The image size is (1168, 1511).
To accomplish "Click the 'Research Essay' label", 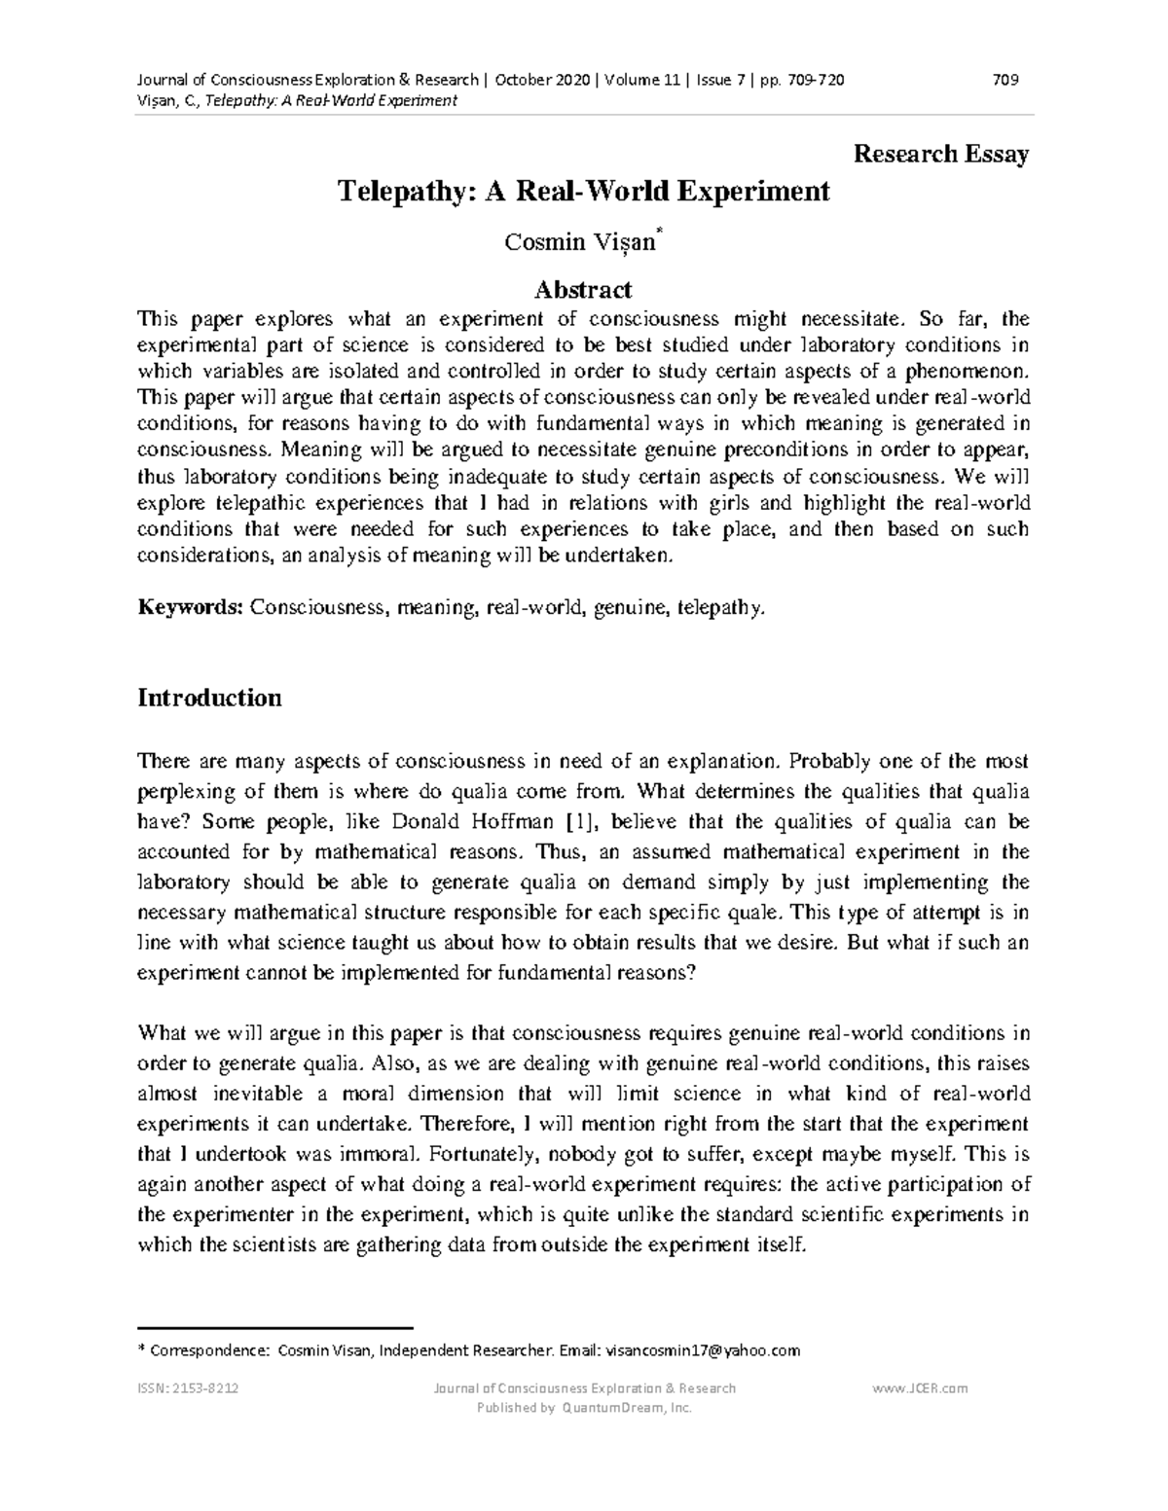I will pos(940,154).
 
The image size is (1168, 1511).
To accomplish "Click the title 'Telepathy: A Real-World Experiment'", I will pos(583,191).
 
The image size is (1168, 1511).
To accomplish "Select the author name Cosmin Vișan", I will pos(580,242).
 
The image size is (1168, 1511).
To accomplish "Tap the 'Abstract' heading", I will pos(583,289).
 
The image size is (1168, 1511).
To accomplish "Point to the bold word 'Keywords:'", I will pos(191,608).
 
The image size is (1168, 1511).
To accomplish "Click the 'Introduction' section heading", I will pos(210,698).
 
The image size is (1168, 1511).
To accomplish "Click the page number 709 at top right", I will pos(1005,80).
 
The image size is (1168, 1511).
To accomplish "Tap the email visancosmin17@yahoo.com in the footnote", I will pos(702,1350).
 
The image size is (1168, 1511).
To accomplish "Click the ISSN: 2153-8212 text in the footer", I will pos(190,1388).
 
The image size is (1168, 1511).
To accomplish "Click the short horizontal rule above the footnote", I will pos(276,1327).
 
